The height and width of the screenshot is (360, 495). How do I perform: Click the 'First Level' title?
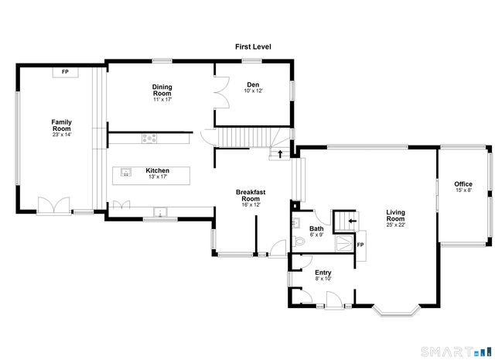point(253,47)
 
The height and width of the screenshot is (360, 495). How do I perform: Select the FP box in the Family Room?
point(65,72)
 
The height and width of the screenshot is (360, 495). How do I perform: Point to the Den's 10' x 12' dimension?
point(253,91)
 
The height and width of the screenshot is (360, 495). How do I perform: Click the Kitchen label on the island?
point(157,170)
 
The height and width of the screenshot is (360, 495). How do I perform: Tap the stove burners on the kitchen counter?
point(149,139)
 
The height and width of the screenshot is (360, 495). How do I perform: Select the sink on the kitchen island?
point(126,173)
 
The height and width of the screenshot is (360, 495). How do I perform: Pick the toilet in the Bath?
point(301,241)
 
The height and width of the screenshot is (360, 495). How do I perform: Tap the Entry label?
point(323,273)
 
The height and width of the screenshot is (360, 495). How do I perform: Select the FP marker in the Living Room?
point(360,245)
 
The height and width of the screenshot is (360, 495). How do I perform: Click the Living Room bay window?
point(397,311)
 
